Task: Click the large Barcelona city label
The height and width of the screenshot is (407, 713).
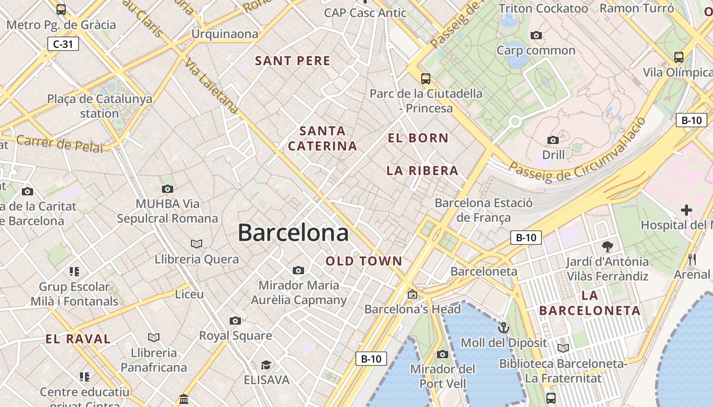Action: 293,232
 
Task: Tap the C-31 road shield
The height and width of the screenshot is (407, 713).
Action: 63,44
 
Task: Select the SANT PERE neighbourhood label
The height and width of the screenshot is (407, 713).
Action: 293,61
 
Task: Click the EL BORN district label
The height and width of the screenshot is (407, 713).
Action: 418,138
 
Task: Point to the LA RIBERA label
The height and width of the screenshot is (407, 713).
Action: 422,170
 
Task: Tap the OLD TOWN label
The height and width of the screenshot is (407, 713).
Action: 364,261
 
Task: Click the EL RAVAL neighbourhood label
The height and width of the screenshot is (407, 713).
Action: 78,339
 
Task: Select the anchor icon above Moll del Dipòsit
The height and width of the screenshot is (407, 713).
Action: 504,327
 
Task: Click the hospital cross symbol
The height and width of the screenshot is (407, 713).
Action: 687,210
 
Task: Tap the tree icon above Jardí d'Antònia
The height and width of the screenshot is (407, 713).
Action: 607,247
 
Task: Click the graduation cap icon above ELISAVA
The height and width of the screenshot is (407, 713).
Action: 266,365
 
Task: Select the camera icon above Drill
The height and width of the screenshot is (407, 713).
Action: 553,140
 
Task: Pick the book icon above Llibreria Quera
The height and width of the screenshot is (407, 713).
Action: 197,244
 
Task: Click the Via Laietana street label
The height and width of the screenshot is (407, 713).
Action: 211,85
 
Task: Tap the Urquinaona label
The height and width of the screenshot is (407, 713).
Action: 225,34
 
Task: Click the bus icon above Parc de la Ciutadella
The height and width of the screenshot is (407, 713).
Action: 426,79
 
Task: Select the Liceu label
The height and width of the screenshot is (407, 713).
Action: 189,294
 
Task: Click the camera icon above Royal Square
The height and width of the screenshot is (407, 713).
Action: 235,321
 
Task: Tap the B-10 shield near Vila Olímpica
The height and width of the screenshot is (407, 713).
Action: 691,121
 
